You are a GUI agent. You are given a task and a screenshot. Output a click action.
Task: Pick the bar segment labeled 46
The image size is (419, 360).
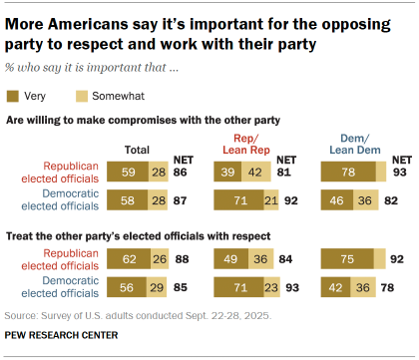click(x=335, y=199)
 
